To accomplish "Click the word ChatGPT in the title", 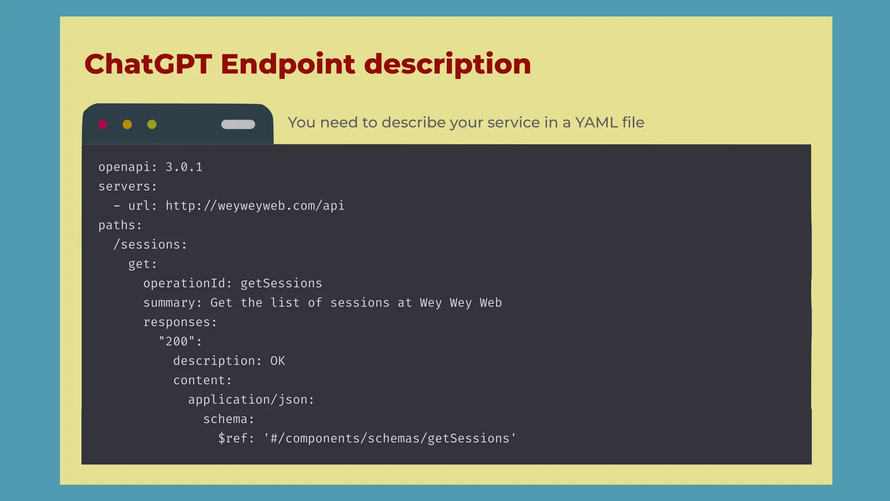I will click(148, 64).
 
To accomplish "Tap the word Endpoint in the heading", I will click(287, 64).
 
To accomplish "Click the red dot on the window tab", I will click(103, 124).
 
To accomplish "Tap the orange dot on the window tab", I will click(127, 124).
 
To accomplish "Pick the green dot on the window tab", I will click(152, 124).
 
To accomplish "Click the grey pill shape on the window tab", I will click(238, 124).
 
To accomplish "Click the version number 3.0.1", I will click(184, 167).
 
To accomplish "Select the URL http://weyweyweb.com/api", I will click(255, 206).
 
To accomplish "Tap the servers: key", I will click(127, 187).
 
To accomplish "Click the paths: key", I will click(120, 225).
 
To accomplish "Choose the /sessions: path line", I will click(150, 245).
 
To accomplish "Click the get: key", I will click(142, 264).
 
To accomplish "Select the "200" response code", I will click(177, 341).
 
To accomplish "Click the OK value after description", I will click(278, 361).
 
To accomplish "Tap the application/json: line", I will click(251, 400).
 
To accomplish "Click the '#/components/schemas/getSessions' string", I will click(390, 438).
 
